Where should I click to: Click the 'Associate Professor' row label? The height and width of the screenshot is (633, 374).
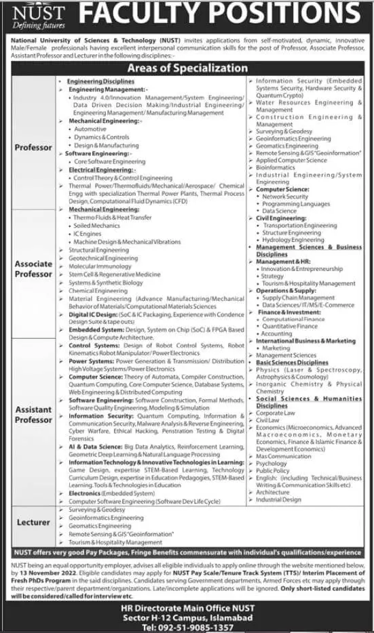coord(33,269)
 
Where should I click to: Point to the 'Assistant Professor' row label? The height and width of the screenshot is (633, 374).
coord(33,415)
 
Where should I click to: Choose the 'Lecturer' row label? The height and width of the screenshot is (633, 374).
coord(33,523)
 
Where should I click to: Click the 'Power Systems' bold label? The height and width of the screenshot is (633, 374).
coord(90,361)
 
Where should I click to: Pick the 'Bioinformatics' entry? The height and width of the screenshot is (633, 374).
coord(276,167)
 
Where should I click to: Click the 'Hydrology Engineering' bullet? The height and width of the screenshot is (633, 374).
coord(293,240)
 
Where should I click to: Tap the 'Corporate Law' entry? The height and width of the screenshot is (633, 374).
coord(275,413)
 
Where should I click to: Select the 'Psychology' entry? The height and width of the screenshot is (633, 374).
coord(272,463)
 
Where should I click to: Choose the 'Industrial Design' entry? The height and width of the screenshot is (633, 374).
coord(278,499)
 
